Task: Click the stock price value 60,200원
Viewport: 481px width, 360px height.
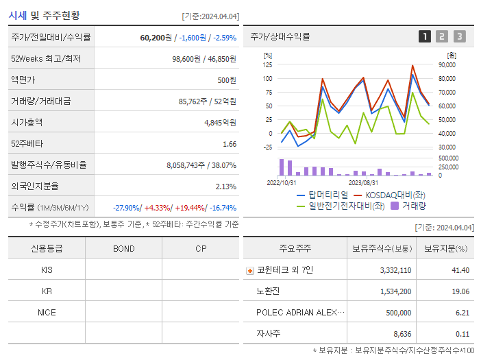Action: tap(155, 38)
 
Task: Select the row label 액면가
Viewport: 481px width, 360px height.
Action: tap(23, 80)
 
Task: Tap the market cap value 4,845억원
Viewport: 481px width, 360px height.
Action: tap(220, 123)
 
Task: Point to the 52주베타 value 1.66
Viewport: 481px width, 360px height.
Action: tap(230, 144)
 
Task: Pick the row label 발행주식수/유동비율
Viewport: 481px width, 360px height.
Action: tap(45, 165)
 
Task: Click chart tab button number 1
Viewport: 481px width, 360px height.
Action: tap(425, 36)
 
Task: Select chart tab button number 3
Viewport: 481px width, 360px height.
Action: tap(459, 36)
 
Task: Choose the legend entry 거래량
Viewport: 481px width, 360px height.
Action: tap(414, 204)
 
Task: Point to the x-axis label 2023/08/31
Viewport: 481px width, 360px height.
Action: tap(363, 182)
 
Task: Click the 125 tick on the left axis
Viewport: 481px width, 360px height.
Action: tap(267, 64)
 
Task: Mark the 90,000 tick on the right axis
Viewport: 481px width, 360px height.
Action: tap(447, 64)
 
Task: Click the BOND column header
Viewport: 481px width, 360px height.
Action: tap(123, 248)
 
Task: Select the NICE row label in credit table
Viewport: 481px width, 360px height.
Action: tap(47, 312)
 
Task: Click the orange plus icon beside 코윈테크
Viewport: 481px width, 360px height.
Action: tap(249, 270)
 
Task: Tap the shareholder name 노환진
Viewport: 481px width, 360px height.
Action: tap(269, 291)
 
